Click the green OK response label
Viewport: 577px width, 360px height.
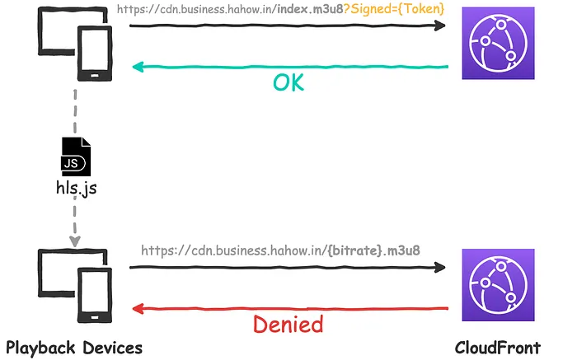tap(288, 82)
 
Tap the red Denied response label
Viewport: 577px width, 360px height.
tap(288, 324)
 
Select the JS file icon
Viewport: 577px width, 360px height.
tap(76, 157)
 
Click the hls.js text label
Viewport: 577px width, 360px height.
tap(76, 188)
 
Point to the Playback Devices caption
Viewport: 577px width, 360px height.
tap(74, 348)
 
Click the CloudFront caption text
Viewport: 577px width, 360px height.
tap(498, 348)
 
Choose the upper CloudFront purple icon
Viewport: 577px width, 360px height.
tap(498, 43)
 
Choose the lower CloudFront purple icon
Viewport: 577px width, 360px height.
tap(498, 285)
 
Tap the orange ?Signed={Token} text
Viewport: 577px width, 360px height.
tap(394, 9)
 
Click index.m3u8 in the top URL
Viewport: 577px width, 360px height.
tap(310, 9)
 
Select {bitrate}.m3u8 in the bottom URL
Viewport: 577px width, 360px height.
tap(373, 250)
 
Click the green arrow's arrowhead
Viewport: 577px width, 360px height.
tap(138, 67)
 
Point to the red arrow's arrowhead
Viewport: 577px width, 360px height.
tap(138, 309)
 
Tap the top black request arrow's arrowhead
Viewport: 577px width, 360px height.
tap(439, 26)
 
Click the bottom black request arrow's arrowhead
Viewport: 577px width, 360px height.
tap(439, 267)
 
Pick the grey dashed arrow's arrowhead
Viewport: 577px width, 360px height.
tap(75, 241)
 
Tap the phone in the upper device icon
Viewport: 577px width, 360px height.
tap(95, 54)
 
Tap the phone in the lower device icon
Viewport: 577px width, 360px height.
tap(95, 295)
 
